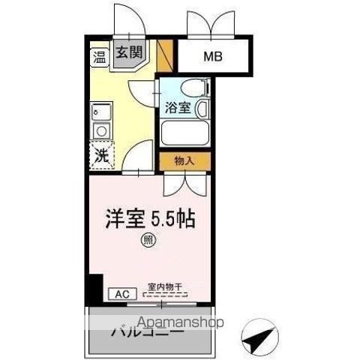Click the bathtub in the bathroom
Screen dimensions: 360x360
(184, 136)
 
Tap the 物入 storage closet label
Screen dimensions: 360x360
(184, 160)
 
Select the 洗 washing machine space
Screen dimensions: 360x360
(100, 156)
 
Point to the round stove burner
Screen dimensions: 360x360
(99, 131)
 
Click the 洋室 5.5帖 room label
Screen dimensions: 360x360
(149, 219)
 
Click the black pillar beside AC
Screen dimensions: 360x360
(94, 288)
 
